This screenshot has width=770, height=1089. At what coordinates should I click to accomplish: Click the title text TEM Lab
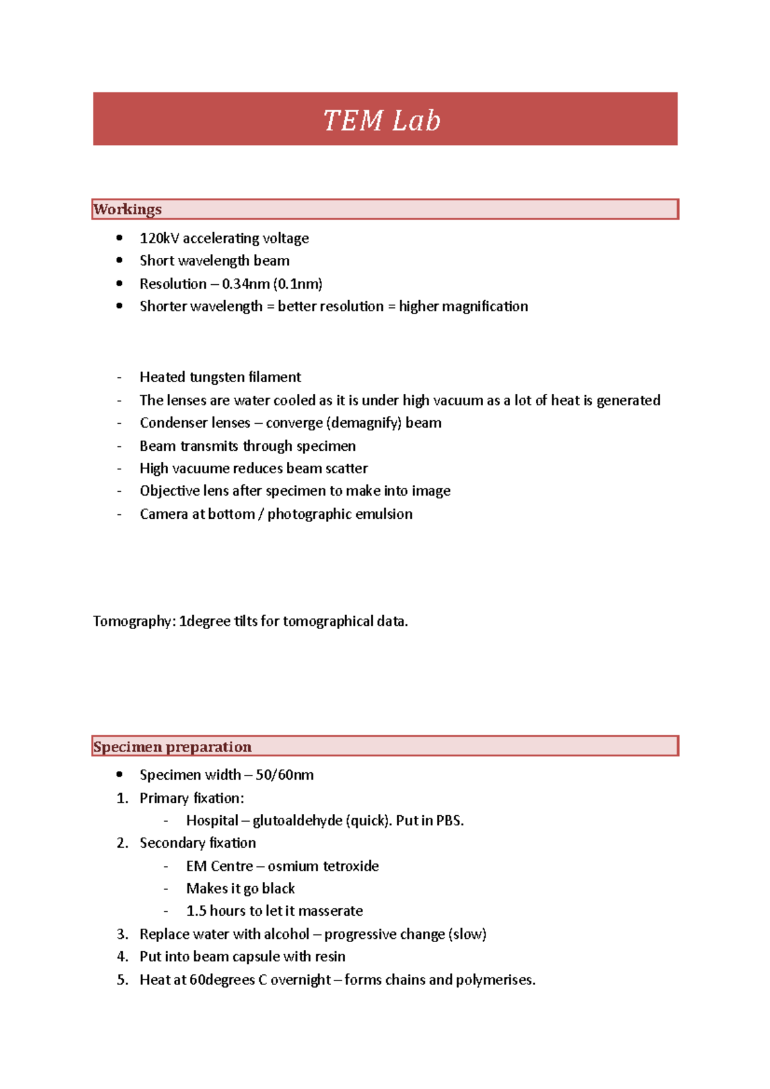[382, 121]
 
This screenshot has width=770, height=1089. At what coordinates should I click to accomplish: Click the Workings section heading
[127, 209]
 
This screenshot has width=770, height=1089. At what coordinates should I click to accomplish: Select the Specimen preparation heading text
[172, 747]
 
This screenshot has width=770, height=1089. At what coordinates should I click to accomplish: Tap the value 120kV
[159, 238]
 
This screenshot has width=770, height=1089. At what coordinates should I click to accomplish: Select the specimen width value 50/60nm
[284, 775]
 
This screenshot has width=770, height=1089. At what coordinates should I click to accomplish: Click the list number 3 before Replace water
[122, 934]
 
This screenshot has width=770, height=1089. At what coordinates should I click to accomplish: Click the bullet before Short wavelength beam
[119, 260]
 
